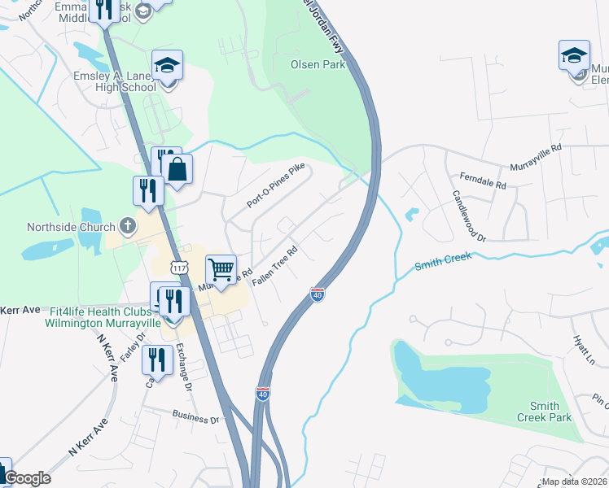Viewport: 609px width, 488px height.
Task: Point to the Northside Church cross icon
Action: [x=127, y=225]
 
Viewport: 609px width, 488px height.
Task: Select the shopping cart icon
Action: [x=221, y=268]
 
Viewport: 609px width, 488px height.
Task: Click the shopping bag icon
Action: [x=177, y=169]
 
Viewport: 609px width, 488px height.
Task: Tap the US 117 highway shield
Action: [x=180, y=268]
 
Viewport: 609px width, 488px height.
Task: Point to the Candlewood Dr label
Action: [x=469, y=216]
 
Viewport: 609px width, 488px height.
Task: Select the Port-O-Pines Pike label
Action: [x=275, y=194]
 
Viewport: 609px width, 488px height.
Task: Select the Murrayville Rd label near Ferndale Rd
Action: [x=536, y=157]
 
